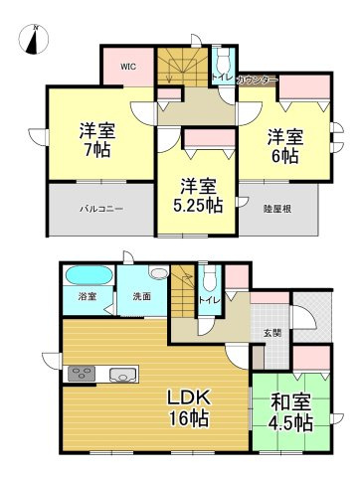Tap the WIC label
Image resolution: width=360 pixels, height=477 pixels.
(128, 67)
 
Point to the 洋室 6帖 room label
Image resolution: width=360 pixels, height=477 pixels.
(283, 146)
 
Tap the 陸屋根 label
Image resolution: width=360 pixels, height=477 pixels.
(276, 209)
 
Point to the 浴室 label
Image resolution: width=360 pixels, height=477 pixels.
(88, 296)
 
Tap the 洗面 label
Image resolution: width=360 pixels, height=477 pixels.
(140, 296)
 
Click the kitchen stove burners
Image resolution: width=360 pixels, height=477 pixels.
(80, 375)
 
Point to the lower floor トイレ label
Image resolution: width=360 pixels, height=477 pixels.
(209, 298)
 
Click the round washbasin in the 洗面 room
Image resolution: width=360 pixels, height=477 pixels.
(157, 272)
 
